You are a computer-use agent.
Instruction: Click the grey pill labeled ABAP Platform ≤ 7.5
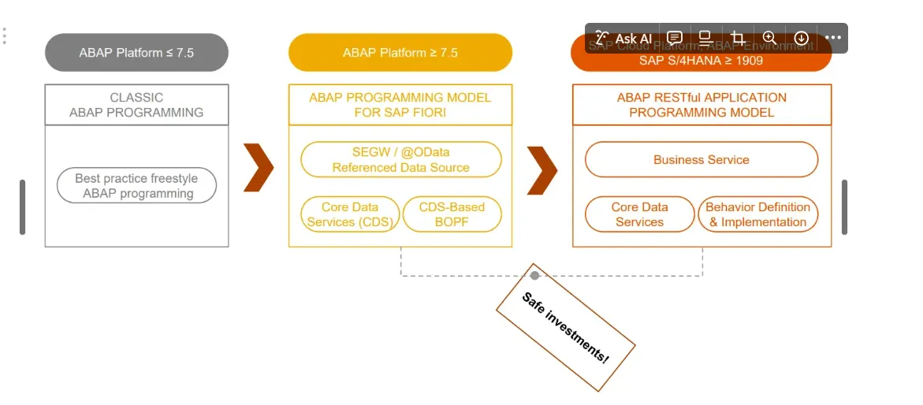136,53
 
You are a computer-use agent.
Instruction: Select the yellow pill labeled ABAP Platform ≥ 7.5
400,53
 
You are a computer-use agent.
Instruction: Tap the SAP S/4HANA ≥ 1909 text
701,61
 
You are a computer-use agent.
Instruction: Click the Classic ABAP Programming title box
136,105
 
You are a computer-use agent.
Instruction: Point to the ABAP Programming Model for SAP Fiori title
400,105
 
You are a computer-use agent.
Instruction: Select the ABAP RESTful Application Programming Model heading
702,105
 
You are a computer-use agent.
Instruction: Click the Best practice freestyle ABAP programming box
136,186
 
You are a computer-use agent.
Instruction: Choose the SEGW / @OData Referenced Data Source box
400,160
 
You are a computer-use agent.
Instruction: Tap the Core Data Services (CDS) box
350,214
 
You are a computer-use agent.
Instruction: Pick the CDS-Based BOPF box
452,214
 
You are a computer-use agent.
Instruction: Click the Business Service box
702,160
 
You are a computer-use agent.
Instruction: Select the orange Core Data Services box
639,214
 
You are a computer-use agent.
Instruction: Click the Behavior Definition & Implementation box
757,214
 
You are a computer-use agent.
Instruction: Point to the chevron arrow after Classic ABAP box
258,168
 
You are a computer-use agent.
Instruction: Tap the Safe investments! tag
565,328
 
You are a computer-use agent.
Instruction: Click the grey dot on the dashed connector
534,275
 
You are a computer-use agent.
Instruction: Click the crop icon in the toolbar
738,38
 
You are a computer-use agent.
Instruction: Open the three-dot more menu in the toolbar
833,38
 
